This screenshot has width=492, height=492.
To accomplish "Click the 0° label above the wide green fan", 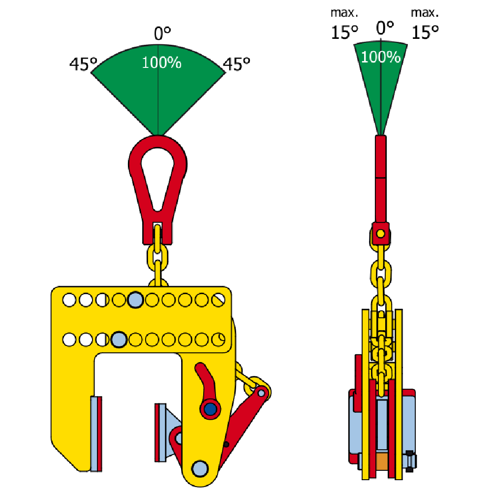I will [x=162, y=34].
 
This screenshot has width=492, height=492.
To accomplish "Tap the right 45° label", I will [x=237, y=64].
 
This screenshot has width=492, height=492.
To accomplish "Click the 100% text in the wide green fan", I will [x=161, y=63].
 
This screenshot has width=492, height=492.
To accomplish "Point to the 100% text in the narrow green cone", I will [x=380, y=57].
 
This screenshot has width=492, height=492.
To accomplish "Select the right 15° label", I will [x=425, y=33].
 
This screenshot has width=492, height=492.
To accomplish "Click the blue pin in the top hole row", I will [x=135, y=299].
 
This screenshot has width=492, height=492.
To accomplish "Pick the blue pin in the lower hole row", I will [x=119, y=339].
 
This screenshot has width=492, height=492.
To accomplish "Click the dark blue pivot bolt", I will [x=210, y=408].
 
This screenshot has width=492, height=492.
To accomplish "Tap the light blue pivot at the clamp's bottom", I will [x=199, y=467].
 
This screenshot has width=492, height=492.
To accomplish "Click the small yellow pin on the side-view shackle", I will [x=380, y=233].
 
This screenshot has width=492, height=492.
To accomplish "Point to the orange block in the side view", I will [x=381, y=461].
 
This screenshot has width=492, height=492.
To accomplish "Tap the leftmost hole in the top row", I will [x=69, y=299].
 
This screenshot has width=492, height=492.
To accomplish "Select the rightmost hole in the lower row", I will [x=219, y=339].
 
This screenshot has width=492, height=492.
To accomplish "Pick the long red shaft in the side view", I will [x=380, y=180].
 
